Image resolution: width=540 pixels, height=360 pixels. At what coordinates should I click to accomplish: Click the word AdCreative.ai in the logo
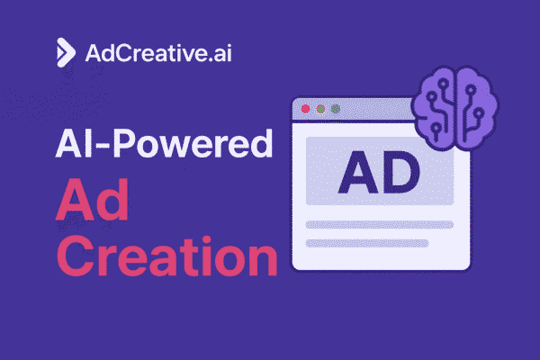(150, 52)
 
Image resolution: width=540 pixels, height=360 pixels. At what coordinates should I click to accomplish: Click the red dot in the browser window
(305, 109)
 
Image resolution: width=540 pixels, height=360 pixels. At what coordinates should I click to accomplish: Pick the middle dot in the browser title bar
(320, 109)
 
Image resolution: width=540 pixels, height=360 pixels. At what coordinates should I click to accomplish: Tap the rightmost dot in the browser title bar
(335, 109)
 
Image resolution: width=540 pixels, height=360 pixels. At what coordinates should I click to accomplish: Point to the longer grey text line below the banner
(379, 225)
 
